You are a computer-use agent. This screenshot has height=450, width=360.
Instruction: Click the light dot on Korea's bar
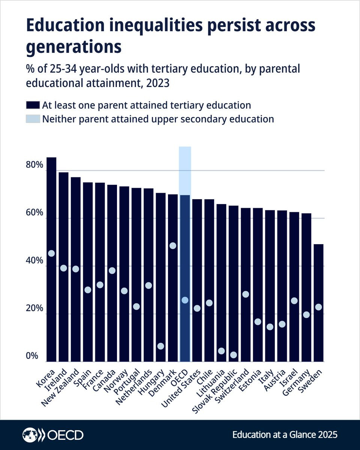point(51,253)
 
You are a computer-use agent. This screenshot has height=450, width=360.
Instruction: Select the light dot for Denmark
point(173,246)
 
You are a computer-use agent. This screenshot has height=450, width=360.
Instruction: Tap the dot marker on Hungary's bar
point(160,346)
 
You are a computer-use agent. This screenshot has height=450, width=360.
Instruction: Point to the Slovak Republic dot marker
point(234,355)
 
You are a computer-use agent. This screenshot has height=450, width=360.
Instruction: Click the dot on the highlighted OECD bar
point(185,300)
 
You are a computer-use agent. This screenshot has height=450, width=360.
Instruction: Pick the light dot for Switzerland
point(246,294)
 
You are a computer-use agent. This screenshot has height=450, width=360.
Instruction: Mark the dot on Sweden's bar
point(318,307)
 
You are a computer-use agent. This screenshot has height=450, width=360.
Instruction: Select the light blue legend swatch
point(33,119)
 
